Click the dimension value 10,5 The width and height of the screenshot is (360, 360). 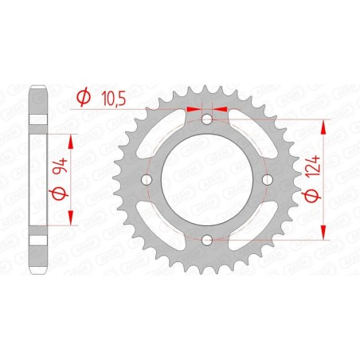coord(113,99)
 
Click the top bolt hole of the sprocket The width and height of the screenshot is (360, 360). coord(207,120)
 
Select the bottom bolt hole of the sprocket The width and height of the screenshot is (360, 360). coord(207,240)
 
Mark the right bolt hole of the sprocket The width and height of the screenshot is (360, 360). coord(267,180)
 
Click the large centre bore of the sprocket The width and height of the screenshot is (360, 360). coord(207,180)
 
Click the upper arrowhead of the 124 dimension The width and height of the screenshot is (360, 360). coord(323,126)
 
